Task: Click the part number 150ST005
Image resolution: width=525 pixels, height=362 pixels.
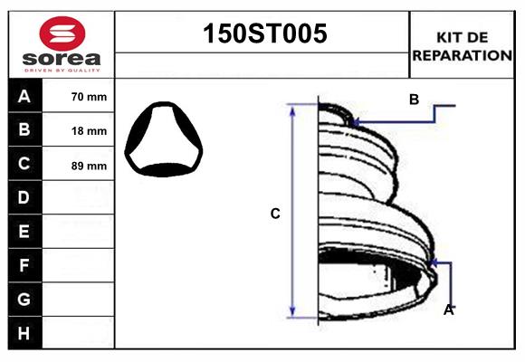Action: [262, 34]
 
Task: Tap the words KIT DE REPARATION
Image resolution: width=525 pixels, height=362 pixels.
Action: [462, 46]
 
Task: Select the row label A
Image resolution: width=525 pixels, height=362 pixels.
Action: [24, 97]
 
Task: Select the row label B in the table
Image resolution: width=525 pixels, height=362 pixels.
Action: [24, 130]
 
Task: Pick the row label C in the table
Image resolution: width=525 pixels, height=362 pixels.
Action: [24, 164]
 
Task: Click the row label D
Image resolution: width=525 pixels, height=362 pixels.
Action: [24, 197]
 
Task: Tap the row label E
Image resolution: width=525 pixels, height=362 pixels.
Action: [24, 232]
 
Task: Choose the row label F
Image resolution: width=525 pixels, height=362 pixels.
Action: [24, 265]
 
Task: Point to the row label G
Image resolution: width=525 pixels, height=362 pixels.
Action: [24, 299]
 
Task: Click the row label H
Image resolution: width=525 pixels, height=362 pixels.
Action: [24, 333]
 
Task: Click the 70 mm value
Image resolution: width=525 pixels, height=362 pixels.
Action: [89, 97]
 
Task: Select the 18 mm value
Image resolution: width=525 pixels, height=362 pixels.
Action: [89, 131]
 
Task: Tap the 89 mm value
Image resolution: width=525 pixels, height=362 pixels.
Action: [89, 166]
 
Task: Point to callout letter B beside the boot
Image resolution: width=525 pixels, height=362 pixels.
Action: [414, 100]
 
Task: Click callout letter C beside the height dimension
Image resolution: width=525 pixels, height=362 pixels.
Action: [275, 214]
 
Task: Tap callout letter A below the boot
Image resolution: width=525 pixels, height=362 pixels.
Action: [448, 310]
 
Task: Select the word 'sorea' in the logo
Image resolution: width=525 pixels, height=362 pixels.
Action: [62, 57]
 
